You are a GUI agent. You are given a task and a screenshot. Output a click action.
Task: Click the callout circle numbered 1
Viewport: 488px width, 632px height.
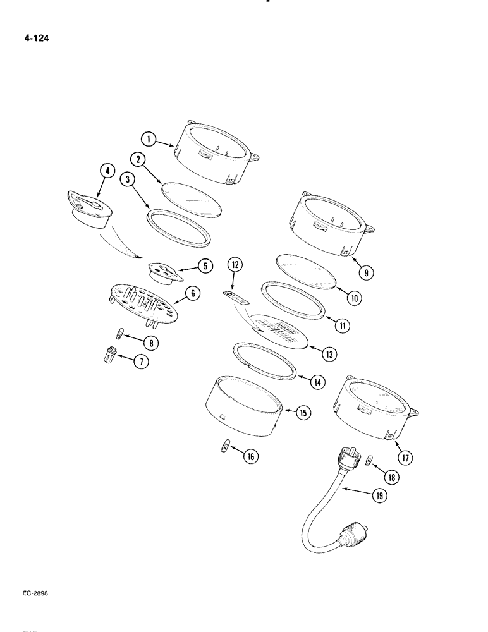coord(148,138)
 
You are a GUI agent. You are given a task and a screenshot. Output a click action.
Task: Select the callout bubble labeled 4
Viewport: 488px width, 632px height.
coord(107,170)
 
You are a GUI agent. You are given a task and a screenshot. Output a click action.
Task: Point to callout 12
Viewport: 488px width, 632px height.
coord(235,265)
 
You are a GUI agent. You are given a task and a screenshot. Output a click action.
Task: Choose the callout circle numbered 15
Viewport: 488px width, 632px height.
coord(303,413)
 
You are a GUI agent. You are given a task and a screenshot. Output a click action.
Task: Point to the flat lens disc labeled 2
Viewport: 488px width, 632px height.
coord(192,199)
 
